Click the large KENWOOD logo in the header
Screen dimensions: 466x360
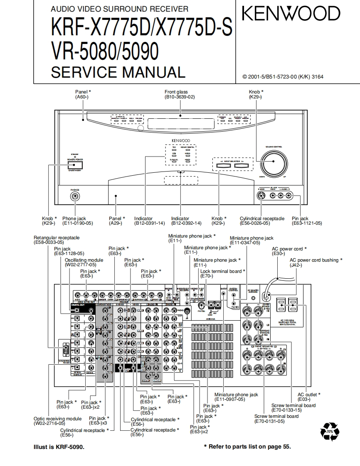(x=291, y=14)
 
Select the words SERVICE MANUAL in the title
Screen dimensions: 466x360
(x=118, y=72)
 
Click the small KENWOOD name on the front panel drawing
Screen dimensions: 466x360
(x=180, y=141)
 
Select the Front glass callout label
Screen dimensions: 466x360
(x=176, y=92)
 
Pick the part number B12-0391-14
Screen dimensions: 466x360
(x=143, y=223)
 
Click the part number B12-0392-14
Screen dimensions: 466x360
(x=180, y=223)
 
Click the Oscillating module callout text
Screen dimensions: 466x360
(x=84, y=260)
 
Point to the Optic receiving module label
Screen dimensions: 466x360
(x=58, y=419)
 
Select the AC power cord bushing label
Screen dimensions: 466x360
(x=316, y=260)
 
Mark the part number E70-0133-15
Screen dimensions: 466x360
(x=286, y=410)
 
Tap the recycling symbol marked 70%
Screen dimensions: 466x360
(x=330, y=432)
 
